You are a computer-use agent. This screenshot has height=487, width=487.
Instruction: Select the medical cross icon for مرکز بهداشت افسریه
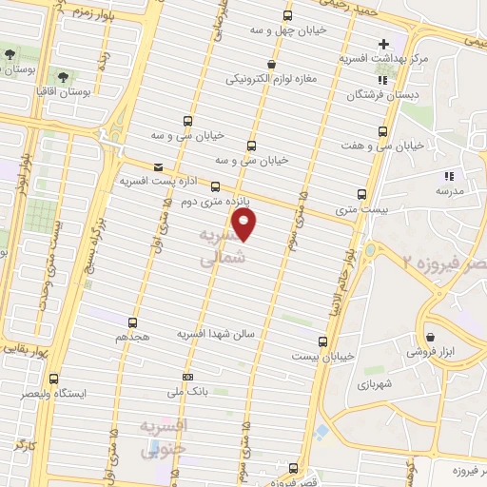(x=383, y=44)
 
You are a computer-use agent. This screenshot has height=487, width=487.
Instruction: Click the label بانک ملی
(x=186, y=390)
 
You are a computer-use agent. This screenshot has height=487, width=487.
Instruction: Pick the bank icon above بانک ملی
(x=186, y=376)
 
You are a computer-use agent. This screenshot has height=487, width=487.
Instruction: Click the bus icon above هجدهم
(x=132, y=322)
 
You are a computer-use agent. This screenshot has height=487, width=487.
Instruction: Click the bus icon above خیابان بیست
(x=322, y=341)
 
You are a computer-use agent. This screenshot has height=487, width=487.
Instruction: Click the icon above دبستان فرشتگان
(x=381, y=81)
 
